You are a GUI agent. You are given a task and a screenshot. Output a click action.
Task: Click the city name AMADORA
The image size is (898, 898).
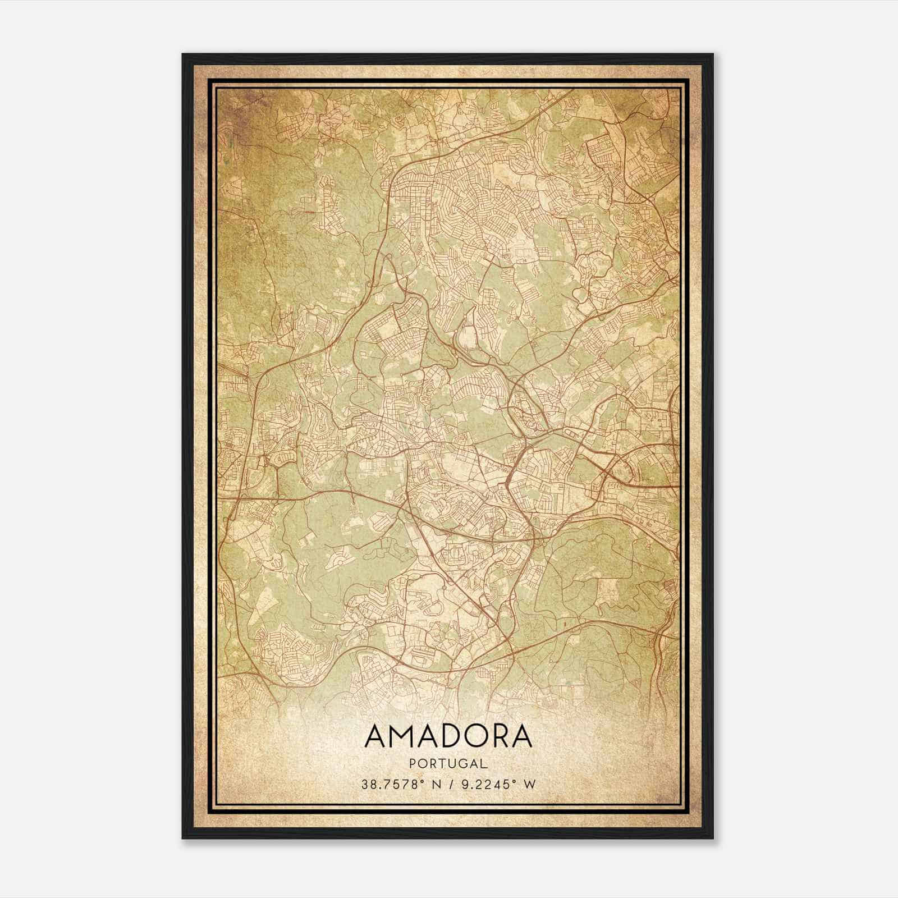point(448,736)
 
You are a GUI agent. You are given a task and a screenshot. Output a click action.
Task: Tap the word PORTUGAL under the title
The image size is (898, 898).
point(448,763)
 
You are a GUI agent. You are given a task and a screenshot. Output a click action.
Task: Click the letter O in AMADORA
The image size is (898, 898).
point(485,736)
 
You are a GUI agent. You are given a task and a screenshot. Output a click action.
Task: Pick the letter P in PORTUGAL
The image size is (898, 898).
point(414,763)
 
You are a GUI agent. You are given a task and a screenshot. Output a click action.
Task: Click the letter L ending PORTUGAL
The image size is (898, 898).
point(483,763)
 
